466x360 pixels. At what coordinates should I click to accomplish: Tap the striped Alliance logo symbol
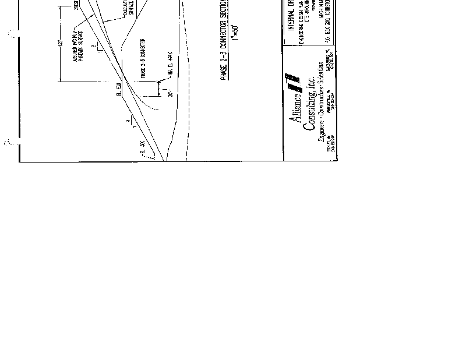(291, 81)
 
